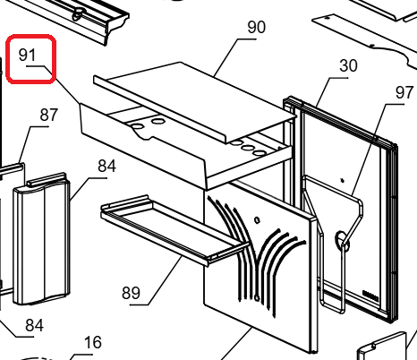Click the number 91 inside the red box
tap(27, 55)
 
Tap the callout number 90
tap(256, 27)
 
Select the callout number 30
tap(348, 65)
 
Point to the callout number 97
tap(404, 92)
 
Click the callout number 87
tap(49, 115)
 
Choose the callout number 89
tap(131, 293)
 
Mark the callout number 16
tap(93, 342)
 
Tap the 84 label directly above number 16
tap(34, 325)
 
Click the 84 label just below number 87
tap(106, 166)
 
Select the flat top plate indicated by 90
tap(195, 99)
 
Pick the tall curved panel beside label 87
tap(41, 238)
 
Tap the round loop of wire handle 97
tap(341, 239)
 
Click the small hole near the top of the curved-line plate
tap(257, 220)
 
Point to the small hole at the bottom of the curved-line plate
tap(257, 297)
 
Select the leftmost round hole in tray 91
tap(137, 126)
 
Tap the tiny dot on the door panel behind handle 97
tap(342, 180)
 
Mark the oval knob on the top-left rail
tap(79, 13)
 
